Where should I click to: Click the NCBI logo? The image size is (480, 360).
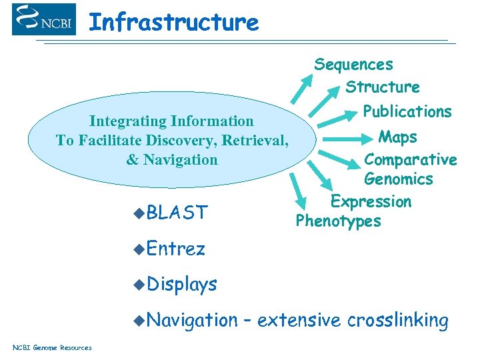[44, 19]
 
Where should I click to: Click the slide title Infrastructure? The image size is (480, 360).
[173, 23]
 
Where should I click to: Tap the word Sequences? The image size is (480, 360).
[353, 65]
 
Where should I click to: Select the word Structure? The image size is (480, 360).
[382, 87]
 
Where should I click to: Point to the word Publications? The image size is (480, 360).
[407, 111]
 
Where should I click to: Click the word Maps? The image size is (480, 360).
[397, 137]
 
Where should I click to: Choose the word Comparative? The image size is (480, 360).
[410, 160]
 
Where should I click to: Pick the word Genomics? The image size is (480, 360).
[398, 179]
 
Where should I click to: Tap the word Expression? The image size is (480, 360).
[371, 201]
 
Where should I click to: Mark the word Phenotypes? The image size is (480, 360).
[338, 221]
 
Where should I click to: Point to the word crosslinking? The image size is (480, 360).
[397, 321]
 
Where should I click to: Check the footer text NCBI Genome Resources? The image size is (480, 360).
[52, 347]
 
